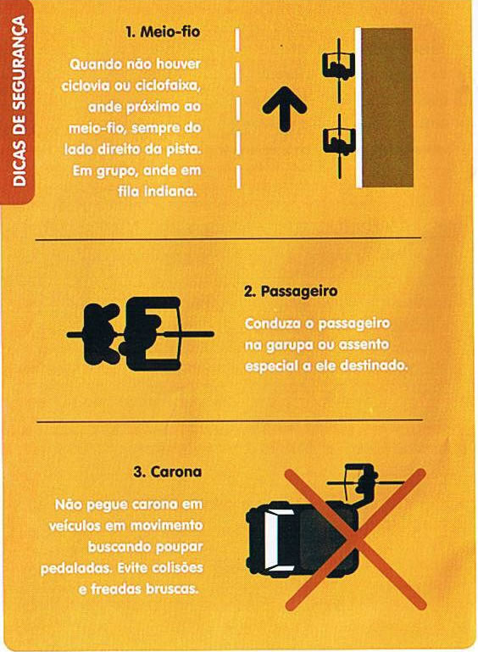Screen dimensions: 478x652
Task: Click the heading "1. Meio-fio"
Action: pyautogui.click(x=163, y=32)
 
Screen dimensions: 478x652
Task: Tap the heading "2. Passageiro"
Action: pyautogui.click(x=291, y=292)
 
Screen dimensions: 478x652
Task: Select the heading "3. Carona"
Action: pyautogui.click(x=168, y=472)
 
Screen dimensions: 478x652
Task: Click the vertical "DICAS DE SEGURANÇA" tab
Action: pyautogui.click(x=18, y=101)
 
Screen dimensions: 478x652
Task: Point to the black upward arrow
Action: pyautogui.click(x=284, y=109)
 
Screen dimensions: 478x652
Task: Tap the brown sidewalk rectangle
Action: pyautogui.click(x=387, y=108)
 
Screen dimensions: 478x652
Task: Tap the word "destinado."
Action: pyautogui.click(x=374, y=366)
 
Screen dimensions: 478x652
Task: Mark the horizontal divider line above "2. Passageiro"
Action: pyautogui.click(x=229, y=239)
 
